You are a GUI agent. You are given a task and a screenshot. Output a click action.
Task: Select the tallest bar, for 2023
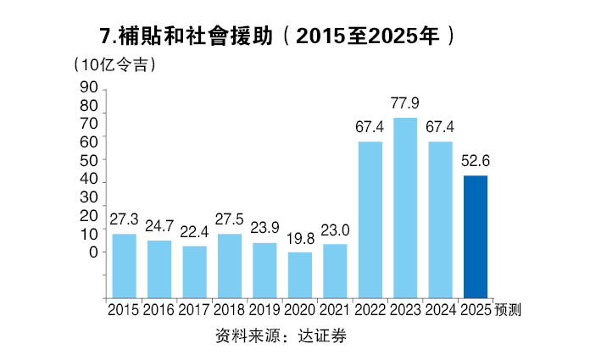tap(405, 207)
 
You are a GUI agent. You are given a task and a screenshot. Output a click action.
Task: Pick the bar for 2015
tap(124, 264)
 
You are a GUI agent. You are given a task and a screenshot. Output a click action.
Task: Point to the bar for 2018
tap(230, 264)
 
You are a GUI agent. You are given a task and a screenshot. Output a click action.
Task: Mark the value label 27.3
tap(124, 220)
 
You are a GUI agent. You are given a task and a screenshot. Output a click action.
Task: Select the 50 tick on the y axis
tap(88, 159)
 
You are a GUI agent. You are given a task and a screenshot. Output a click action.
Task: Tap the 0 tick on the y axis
tap(92, 252)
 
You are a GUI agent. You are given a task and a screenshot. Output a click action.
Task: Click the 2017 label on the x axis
tap(194, 310)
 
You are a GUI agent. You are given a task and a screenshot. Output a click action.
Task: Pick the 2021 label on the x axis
tap(334, 310)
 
